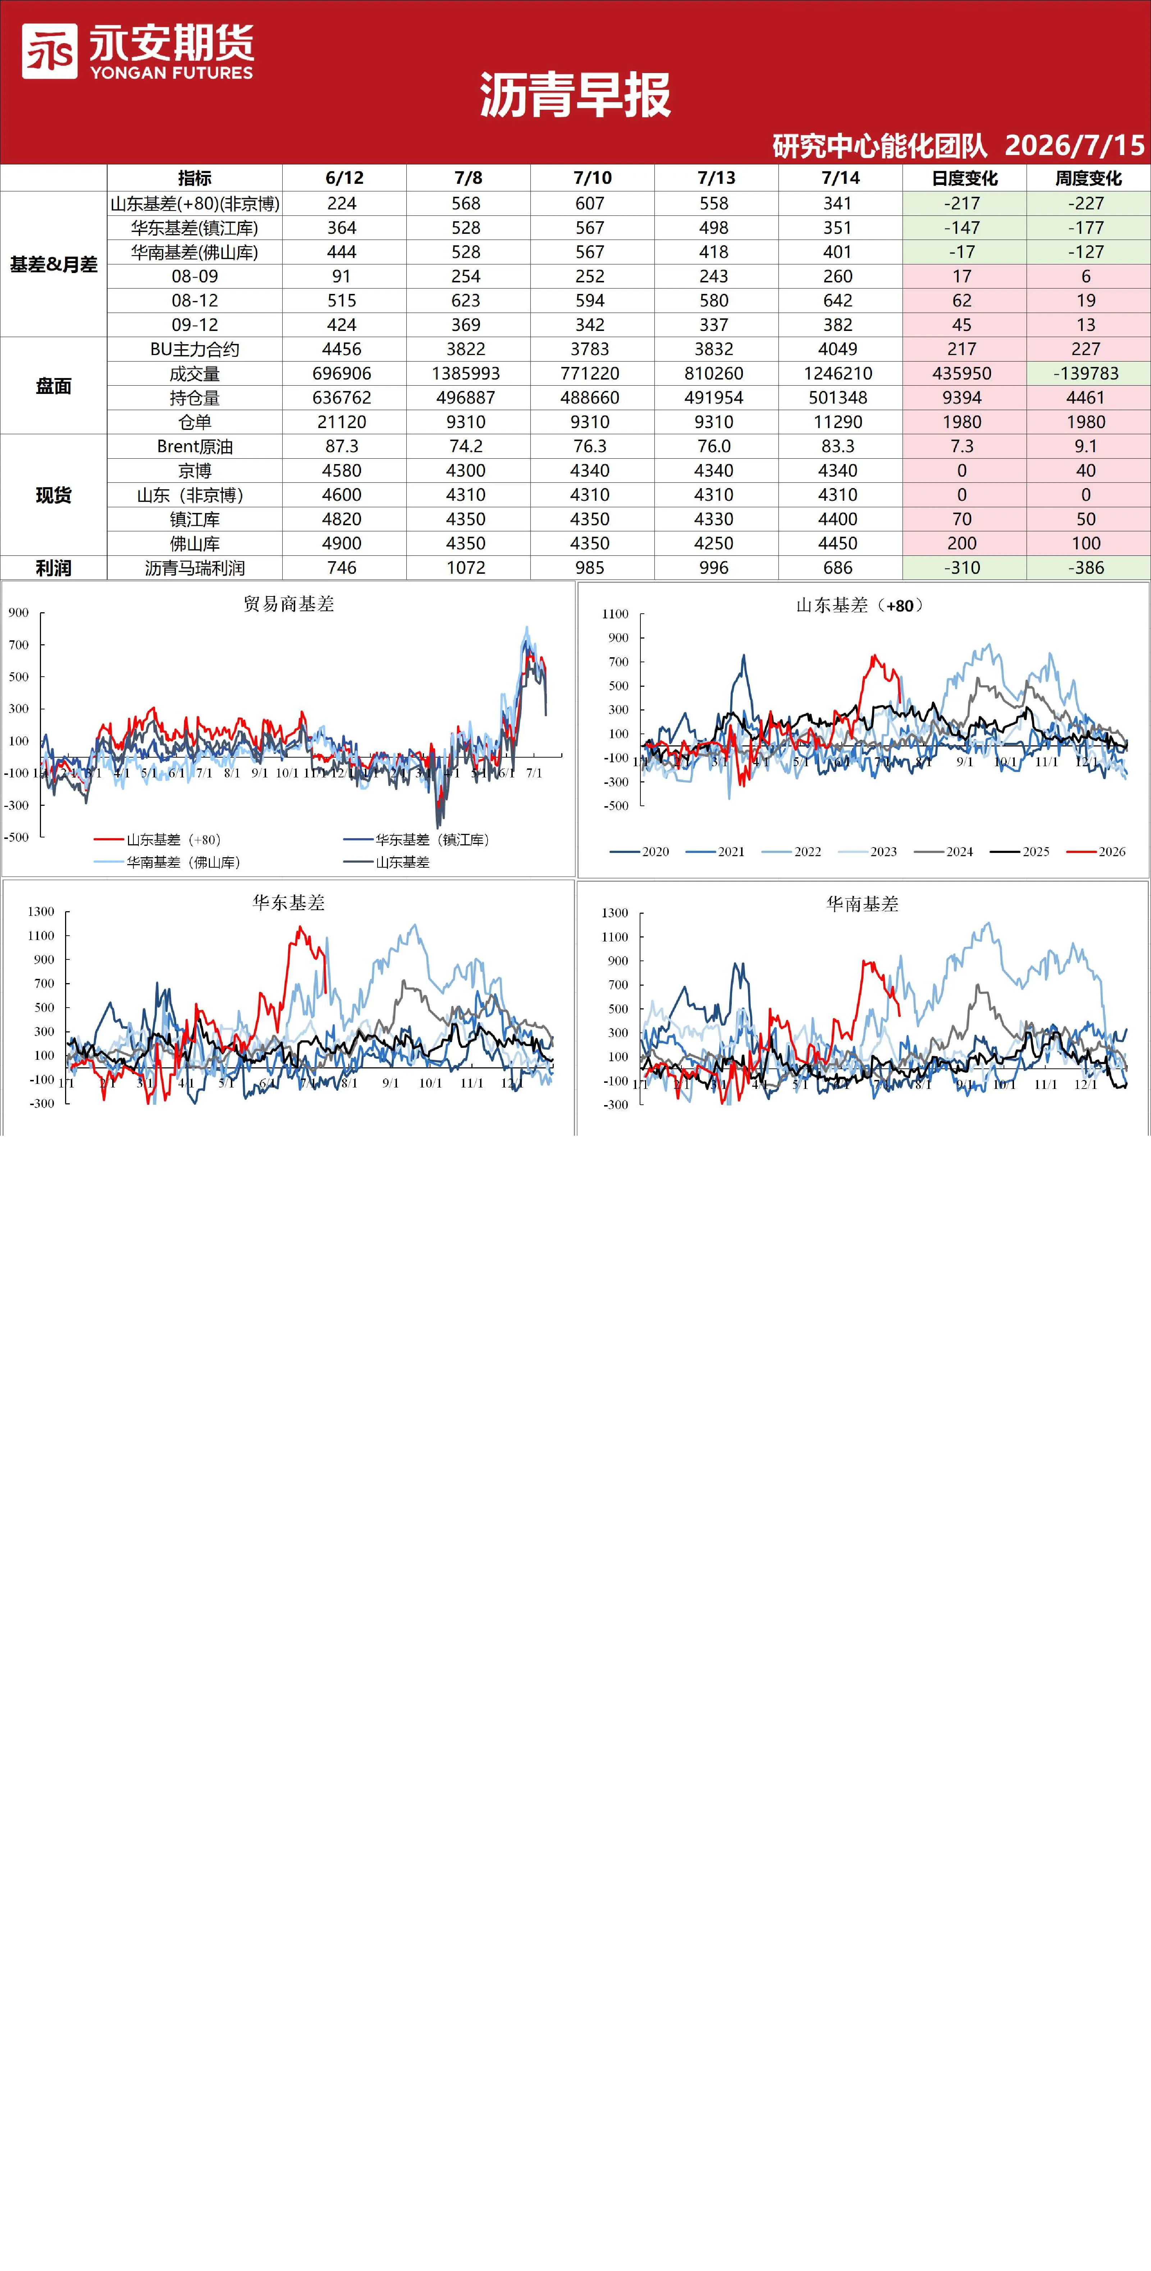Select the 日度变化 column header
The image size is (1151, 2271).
(x=964, y=178)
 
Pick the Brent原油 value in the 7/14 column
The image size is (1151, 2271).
(x=837, y=446)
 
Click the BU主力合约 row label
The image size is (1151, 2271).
(x=195, y=349)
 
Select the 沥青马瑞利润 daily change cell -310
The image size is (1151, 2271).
(x=962, y=568)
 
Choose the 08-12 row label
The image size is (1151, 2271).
(x=195, y=301)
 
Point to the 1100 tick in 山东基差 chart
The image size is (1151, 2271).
(x=615, y=614)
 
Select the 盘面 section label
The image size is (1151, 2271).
(x=54, y=386)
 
